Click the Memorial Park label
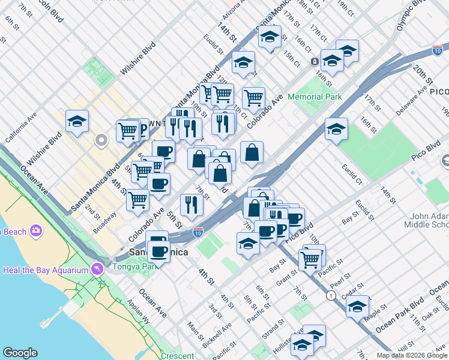click(314, 97)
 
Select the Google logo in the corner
click(20, 353)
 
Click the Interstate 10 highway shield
click(198, 231)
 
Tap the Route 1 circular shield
click(330, 296)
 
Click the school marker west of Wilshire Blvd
click(77, 122)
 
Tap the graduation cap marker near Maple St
click(357, 306)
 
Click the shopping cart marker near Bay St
click(310, 259)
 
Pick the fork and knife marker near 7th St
click(191, 205)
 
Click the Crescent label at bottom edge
click(177, 356)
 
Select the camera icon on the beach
click(36, 230)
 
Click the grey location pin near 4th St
click(101, 141)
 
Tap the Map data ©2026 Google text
click(412, 355)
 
